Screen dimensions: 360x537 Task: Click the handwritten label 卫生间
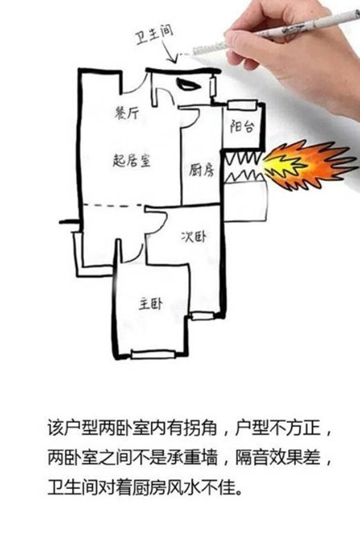click(x=154, y=34)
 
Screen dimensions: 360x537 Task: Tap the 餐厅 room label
click(x=127, y=113)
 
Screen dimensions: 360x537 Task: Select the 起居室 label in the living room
click(x=131, y=160)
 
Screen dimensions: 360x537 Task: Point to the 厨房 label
click(x=202, y=170)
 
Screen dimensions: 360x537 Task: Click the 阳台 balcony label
click(x=242, y=126)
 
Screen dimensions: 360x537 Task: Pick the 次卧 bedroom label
click(x=194, y=236)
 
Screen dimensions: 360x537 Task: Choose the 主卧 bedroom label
click(x=150, y=304)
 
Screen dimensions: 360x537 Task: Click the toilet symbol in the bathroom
click(x=188, y=84)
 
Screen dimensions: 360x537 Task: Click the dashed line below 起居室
click(x=113, y=205)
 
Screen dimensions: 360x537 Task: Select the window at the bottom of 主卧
click(x=154, y=355)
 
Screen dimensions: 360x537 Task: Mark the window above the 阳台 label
click(x=242, y=104)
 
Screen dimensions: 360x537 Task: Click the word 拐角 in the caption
click(x=200, y=428)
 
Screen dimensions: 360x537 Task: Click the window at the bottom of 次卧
click(x=202, y=316)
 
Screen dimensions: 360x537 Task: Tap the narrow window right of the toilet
click(x=213, y=87)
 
